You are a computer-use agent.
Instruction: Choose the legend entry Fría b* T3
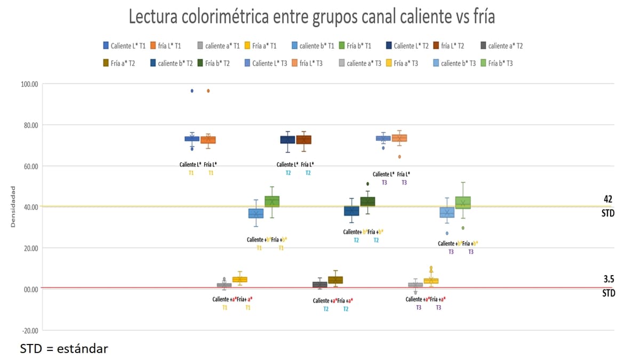[496, 63]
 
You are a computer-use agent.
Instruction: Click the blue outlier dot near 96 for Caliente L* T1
[192, 91]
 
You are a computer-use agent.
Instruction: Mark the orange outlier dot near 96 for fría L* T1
[208, 91]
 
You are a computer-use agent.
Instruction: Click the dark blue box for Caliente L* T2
[287, 140]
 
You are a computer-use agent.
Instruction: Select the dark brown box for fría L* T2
[304, 140]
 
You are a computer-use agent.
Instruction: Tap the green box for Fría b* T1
[272, 202]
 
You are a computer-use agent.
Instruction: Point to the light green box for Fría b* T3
[463, 203]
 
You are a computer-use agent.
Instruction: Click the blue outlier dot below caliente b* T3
[447, 233]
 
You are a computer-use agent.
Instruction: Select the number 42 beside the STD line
[608, 199]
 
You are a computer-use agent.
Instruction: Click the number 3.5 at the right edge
[609, 279]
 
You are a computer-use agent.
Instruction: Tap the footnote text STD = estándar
[64, 349]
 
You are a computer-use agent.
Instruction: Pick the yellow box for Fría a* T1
[240, 279]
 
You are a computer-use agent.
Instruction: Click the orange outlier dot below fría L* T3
[399, 157]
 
